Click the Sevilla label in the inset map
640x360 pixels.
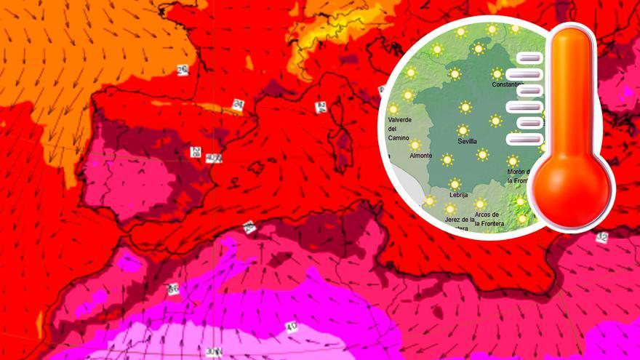463,142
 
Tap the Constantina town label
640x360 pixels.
507,84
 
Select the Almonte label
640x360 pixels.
420,156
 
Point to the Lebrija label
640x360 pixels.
459,195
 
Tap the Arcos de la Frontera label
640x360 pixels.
486,219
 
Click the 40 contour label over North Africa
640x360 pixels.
292,326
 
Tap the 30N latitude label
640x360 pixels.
212,352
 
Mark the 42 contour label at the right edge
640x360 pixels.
601,238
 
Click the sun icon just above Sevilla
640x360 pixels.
463,130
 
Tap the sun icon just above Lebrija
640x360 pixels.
455,183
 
